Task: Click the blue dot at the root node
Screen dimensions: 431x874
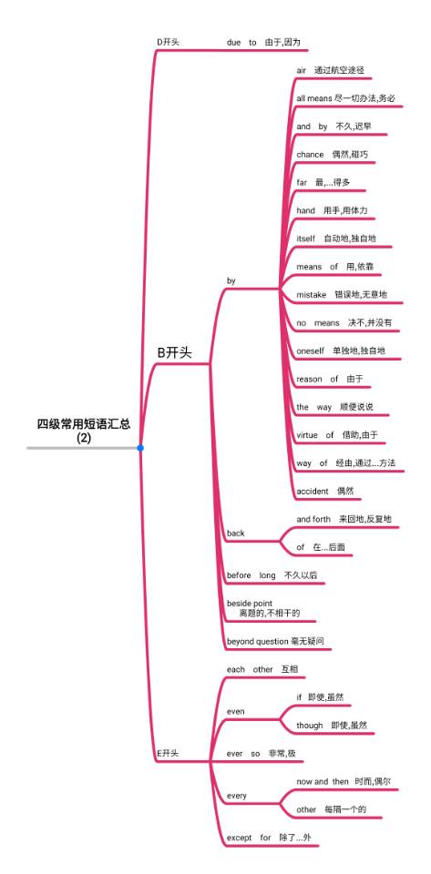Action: (140, 448)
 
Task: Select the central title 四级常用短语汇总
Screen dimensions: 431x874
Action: (84, 424)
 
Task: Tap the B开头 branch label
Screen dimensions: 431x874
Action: (175, 353)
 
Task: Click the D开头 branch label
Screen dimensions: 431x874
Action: (168, 43)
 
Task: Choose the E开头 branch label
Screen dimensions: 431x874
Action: (168, 753)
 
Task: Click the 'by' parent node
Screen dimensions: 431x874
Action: (231, 281)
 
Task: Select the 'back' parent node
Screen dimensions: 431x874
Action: (236, 534)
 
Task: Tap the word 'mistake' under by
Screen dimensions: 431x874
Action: (312, 295)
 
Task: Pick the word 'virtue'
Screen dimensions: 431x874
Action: (307, 435)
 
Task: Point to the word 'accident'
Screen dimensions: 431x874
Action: (313, 491)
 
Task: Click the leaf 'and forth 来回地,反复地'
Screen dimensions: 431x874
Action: (344, 519)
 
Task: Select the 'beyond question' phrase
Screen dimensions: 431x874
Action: (255, 642)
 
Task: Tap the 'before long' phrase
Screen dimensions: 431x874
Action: (251, 575)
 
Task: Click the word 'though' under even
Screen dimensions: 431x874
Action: (310, 726)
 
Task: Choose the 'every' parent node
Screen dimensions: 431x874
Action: (236, 796)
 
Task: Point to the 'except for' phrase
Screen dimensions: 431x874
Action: (249, 838)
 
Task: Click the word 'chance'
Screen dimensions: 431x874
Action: (310, 155)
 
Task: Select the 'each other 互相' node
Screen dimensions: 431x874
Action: (262, 669)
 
